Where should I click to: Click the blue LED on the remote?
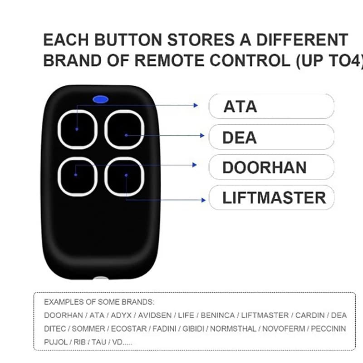[100, 98]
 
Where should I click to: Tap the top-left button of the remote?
[78, 129]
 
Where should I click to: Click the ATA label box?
[271, 107]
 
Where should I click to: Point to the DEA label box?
[271, 137]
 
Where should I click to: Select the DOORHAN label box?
[271, 167]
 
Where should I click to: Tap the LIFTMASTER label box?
[271, 198]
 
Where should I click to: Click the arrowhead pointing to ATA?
[196, 105]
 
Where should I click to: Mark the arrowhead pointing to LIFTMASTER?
[202, 199]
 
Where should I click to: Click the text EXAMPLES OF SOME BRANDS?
[99, 302]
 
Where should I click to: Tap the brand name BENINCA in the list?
[217, 315]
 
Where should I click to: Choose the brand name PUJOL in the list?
[55, 341]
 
